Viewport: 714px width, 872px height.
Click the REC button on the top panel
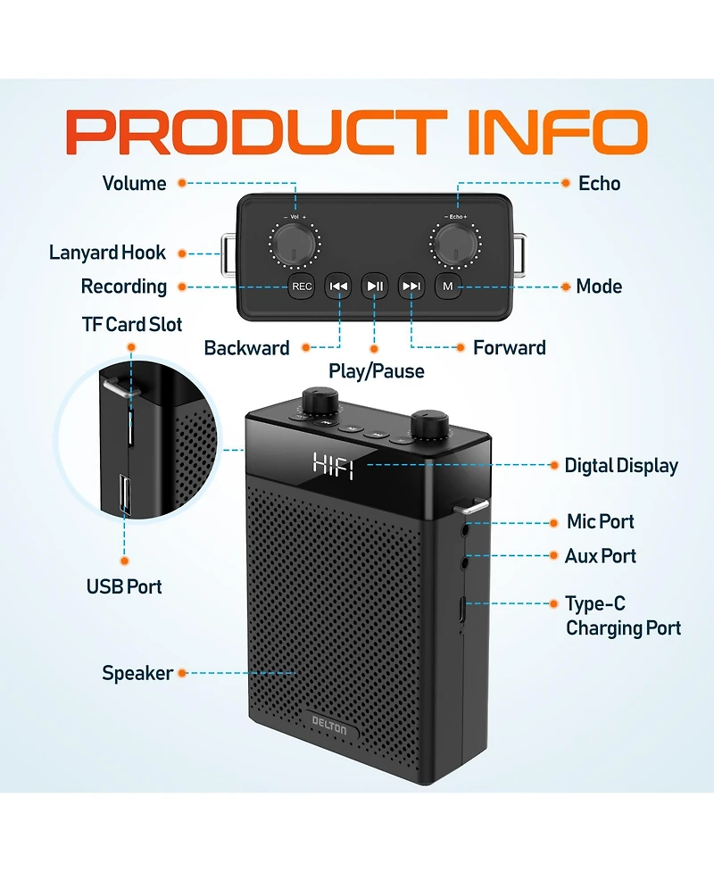tap(302, 287)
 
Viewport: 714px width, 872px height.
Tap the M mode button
tap(448, 287)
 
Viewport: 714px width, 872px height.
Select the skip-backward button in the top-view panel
tap(338, 287)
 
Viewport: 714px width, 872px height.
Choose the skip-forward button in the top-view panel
tap(411, 287)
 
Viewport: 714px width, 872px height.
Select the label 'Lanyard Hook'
tap(107, 253)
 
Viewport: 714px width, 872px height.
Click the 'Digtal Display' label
tap(621, 466)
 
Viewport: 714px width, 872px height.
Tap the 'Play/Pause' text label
tap(376, 370)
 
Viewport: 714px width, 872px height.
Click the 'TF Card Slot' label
tap(132, 324)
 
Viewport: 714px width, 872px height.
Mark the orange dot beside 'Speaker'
tap(182, 673)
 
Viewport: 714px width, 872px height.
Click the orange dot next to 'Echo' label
tap(565, 183)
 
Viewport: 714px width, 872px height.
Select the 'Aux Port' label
tap(601, 556)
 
